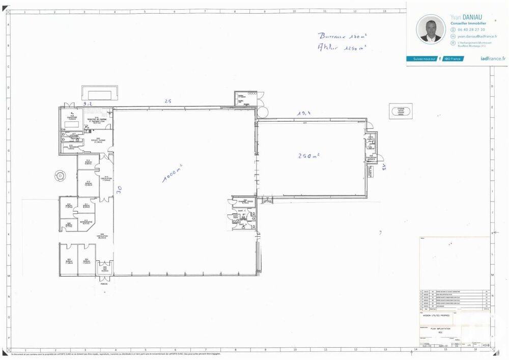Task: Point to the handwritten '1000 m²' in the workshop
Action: (173, 173)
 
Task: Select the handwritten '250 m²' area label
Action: (308, 155)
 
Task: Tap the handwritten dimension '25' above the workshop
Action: (167, 101)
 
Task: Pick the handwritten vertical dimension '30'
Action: (119, 190)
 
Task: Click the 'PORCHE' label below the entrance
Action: (104, 284)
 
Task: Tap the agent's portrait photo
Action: (431, 29)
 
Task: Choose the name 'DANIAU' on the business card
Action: (474, 17)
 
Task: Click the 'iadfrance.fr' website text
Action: (493, 59)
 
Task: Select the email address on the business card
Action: (477, 37)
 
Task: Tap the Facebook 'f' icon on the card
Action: (440, 59)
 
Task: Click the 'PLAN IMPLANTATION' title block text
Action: (441, 329)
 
